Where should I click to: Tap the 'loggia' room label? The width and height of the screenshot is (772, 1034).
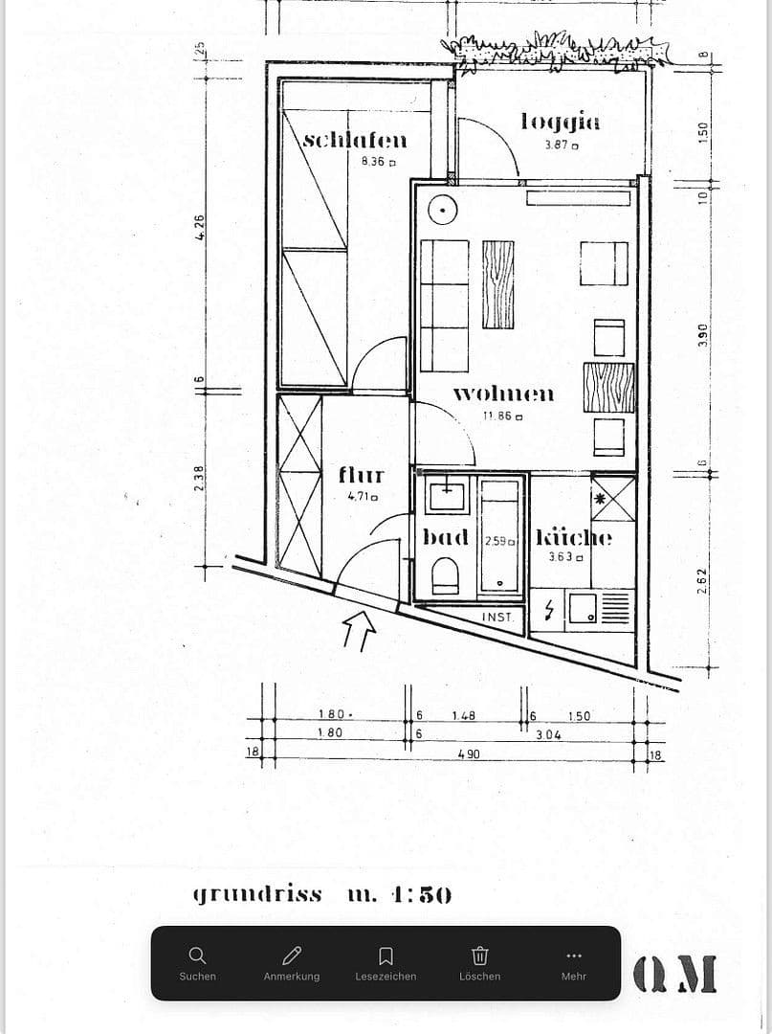pyautogui.click(x=561, y=121)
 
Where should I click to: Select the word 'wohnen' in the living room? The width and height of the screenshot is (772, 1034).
pyautogui.click(x=502, y=393)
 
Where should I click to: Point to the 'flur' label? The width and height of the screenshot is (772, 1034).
pyautogui.click(x=362, y=474)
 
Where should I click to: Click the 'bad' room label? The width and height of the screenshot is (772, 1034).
pyautogui.click(x=446, y=537)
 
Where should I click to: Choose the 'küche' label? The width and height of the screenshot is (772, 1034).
pyautogui.click(x=573, y=537)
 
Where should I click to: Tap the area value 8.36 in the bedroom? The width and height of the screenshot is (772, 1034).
pyautogui.click(x=373, y=162)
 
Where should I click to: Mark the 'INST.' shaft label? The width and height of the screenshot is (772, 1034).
pyautogui.click(x=497, y=618)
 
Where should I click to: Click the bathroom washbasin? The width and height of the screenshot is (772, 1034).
pyautogui.click(x=447, y=496)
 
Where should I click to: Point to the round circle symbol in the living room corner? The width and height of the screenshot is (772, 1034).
pyautogui.click(x=442, y=208)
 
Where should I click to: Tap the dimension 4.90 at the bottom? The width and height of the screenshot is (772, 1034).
pyautogui.click(x=468, y=754)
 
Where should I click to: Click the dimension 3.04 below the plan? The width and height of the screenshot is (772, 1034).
pyautogui.click(x=548, y=733)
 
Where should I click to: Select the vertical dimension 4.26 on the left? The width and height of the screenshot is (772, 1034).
pyautogui.click(x=201, y=228)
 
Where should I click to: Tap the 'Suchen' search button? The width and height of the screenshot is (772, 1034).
pyautogui.click(x=197, y=962)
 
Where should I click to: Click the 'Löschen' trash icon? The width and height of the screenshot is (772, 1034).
pyautogui.click(x=479, y=962)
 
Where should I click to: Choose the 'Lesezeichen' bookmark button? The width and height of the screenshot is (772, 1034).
pyautogui.click(x=386, y=962)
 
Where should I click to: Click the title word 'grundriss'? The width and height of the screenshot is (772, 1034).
pyautogui.click(x=258, y=894)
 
